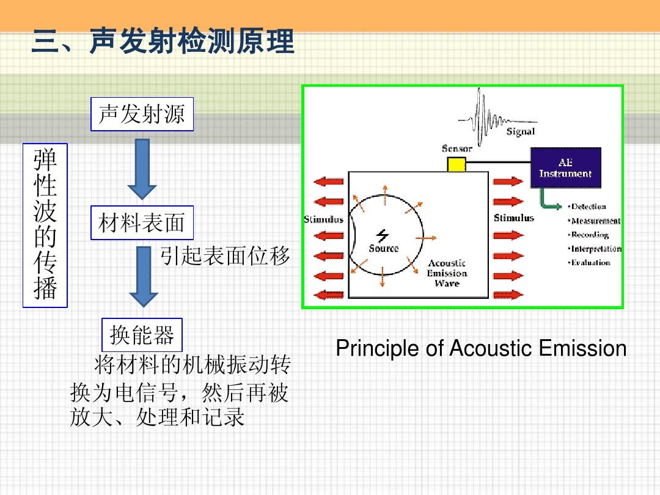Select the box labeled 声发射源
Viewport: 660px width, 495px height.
click(142, 114)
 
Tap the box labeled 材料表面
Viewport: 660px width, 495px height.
click(142, 223)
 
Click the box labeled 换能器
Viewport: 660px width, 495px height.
click(142, 335)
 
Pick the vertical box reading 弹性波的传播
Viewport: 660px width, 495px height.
click(45, 226)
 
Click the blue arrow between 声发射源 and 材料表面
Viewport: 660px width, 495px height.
click(142, 169)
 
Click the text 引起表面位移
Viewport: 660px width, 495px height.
click(225, 256)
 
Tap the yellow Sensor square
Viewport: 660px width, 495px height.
click(456, 164)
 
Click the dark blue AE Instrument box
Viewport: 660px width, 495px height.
click(565, 167)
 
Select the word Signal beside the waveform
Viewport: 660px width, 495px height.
click(521, 131)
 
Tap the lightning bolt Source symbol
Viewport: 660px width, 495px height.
click(383, 236)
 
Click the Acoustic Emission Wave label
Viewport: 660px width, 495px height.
click(447, 273)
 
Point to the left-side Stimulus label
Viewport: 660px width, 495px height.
click(323, 219)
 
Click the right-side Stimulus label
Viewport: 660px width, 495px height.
click(514, 218)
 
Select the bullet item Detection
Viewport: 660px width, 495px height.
click(588, 207)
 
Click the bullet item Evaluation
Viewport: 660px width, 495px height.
click(590, 263)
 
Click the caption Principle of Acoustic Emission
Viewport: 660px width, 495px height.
click(481, 349)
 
